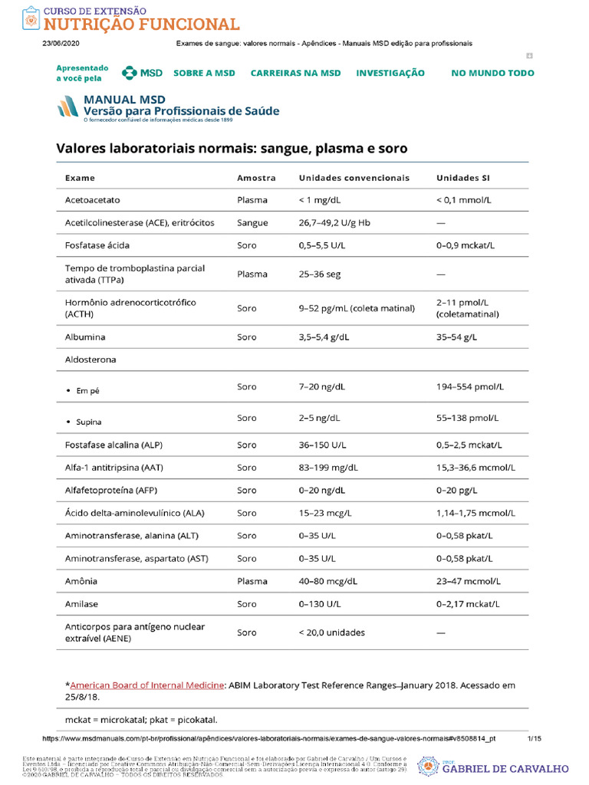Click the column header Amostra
(x=256, y=178)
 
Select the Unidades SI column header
(x=462, y=178)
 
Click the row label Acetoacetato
(x=93, y=200)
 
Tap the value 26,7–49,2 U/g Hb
(x=334, y=223)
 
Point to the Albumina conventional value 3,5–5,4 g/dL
(x=327, y=337)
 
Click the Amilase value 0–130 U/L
(x=320, y=604)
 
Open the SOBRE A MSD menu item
(x=204, y=73)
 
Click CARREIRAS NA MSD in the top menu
(x=295, y=73)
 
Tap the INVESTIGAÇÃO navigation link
(x=390, y=73)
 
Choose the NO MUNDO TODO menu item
(x=492, y=73)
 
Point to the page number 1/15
(x=535, y=738)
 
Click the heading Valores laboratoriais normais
(x=232, y=148)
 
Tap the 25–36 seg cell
(x=319, y=274)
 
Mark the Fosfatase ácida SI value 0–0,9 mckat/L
(x=466, y=246)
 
